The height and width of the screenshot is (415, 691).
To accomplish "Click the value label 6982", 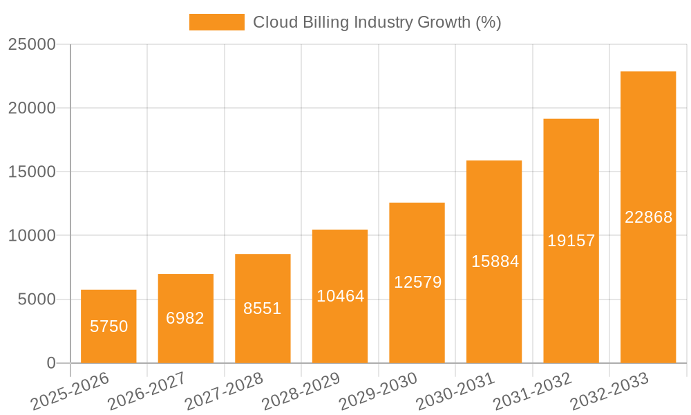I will tap(185, 318).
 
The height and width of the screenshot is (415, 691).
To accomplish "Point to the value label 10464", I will tap(340, 296).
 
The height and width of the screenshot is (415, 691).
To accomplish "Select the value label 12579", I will tap(417, 282).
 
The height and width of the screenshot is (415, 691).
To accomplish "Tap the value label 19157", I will tap(571, 241).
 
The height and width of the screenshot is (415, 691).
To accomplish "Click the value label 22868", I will tap(648, 217).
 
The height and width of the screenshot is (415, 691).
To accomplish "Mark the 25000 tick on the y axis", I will tap(32, 44).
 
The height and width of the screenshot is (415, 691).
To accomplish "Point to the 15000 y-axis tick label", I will tap(32, 172).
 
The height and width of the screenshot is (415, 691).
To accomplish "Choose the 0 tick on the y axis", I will tap(51, 363).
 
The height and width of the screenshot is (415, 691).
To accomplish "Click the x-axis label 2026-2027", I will tap(146, 391).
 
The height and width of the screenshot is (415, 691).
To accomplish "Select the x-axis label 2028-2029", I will tap(301, 391).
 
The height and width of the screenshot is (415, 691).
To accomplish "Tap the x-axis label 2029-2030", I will tap(378, 391).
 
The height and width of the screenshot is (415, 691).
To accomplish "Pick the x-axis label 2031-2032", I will tap(532, 391).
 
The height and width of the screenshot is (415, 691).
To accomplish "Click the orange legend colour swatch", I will tap(216, 22).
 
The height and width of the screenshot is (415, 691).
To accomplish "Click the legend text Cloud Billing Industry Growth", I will tap(377, 22).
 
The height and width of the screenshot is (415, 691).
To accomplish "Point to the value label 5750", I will tap(108, 326).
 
